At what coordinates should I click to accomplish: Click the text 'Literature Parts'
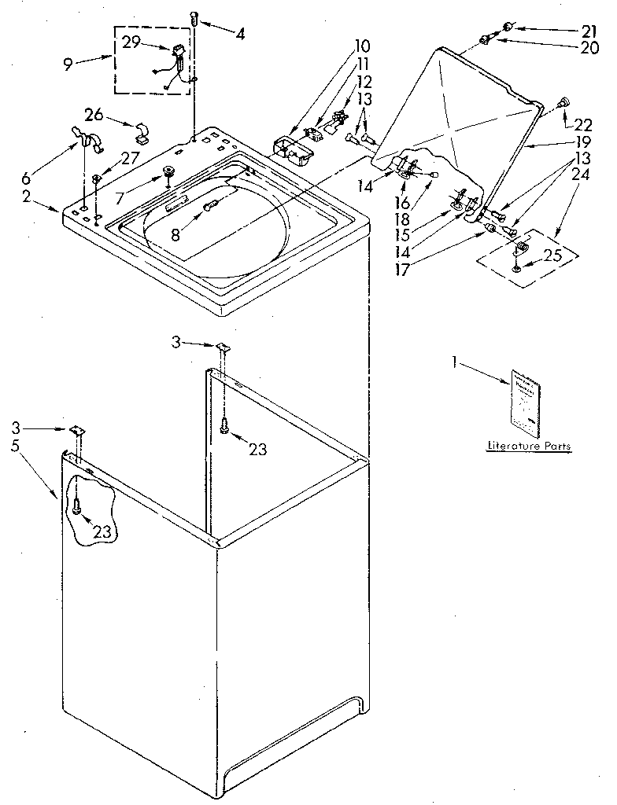click(528, 447)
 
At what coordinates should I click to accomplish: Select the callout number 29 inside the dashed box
click(132, 42)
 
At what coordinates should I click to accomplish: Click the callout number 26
click(94, 116)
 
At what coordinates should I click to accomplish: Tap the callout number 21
click(589, 31)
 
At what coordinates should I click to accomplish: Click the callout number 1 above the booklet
click(455, 363)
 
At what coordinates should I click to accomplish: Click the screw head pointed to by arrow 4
click(194, 17)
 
